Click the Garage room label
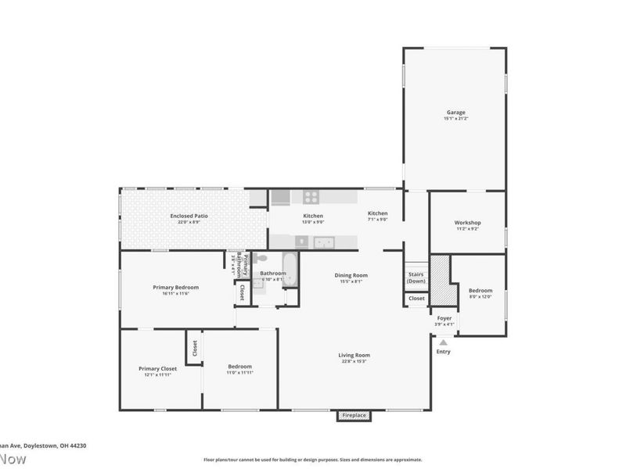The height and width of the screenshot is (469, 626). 455,113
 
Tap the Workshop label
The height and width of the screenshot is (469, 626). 467,223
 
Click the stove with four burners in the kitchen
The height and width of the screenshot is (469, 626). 311,198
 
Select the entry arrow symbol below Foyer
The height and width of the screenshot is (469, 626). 443,342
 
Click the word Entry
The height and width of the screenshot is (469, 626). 443,352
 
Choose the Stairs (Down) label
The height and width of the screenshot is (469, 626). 416,277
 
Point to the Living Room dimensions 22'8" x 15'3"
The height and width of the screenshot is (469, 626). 354,361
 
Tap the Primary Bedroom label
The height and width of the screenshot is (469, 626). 171,287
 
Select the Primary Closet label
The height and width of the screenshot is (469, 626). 157,368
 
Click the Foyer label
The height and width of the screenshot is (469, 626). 443,318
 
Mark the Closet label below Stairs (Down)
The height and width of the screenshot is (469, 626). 416,298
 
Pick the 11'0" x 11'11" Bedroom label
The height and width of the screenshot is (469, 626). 239,367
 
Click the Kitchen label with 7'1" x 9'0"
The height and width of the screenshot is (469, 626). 378,213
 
